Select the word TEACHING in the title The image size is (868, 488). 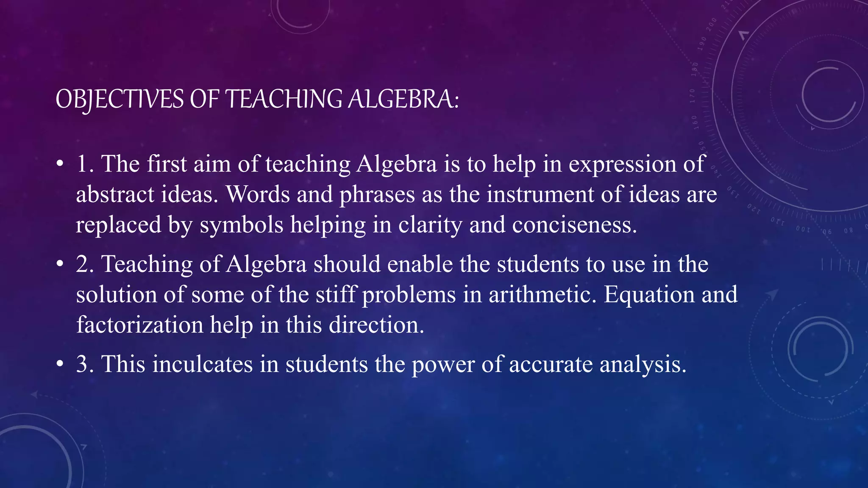(x=283, y=100)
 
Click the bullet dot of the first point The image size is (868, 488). (x=60, y=164)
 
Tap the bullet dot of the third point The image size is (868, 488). (x=60, y=364)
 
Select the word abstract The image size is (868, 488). (x=115, y=194)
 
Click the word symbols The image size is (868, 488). (x=241, y=225)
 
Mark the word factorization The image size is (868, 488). (x=140, y=325)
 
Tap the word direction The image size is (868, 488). (x=376, y=325)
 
